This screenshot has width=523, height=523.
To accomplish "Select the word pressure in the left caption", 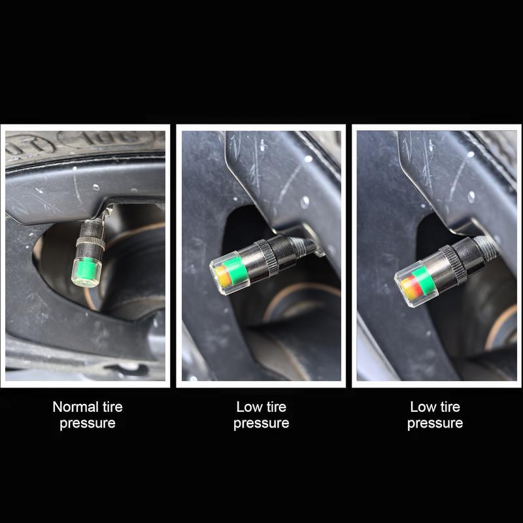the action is [88, 424].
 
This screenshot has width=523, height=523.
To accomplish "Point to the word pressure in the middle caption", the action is [261, 424].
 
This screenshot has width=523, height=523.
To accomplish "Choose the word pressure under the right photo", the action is [435, 424].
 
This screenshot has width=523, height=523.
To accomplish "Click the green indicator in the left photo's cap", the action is [86, 269].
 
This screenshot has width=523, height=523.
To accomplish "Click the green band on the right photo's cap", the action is [423, 281].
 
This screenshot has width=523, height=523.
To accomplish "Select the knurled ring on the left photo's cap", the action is [90, 243].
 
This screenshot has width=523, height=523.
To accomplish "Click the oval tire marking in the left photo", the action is [106, 138].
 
